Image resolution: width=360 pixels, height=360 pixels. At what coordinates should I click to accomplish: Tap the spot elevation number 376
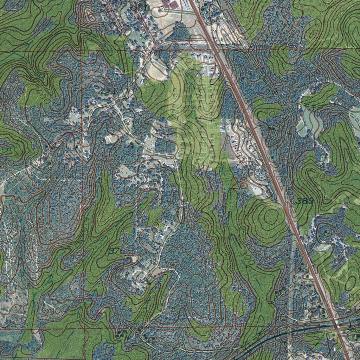click(x=117, y=251)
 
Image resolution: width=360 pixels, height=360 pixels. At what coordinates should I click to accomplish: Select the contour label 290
click(x=53, y=311)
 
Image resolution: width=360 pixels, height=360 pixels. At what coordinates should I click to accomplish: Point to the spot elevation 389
click(x=304, y=201)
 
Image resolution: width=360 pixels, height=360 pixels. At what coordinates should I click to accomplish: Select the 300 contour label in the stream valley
click(x=248, y=261)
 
